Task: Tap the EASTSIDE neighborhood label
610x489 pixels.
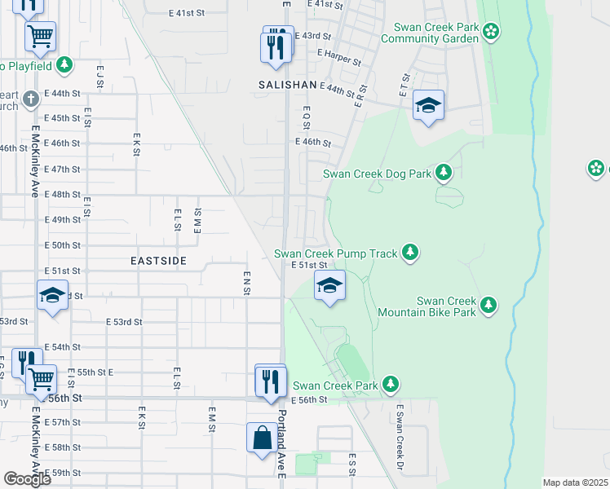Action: (159, 261)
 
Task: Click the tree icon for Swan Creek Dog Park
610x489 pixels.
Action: (443, 172)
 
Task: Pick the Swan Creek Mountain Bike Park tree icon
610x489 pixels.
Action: (488, 305)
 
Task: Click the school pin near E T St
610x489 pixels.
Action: (428, 106)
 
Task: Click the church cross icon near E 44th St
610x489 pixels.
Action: (31, 99)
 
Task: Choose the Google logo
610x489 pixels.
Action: (26, 478)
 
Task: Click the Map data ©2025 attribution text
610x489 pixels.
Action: (575, 482)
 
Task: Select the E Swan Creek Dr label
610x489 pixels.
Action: (400, 440)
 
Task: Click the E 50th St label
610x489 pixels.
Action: (63, 244)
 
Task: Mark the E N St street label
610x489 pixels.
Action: (245, 284)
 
